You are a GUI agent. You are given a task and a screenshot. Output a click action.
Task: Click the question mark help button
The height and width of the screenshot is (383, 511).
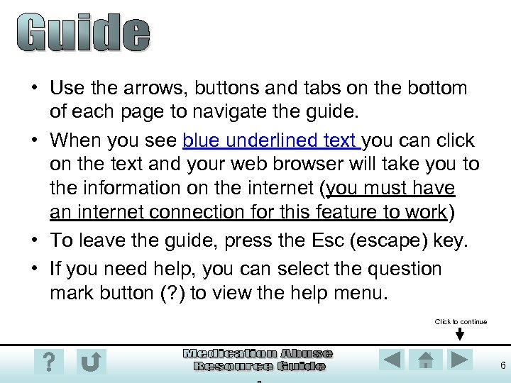pos(48,362)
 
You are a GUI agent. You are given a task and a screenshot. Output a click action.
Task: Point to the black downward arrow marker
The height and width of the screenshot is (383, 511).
pos(460,335)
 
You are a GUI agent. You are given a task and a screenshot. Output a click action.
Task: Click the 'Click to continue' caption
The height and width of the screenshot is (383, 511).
pos(461,322)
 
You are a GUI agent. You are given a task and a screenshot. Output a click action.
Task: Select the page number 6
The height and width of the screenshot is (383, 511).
pos(502,366)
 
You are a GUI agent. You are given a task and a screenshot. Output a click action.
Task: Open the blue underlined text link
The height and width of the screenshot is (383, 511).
pos(271,140)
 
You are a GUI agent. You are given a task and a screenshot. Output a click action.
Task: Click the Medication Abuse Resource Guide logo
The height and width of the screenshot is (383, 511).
pos(258,360)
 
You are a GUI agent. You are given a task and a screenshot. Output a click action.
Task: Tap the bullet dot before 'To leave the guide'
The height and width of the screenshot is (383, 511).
pos(35,241)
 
